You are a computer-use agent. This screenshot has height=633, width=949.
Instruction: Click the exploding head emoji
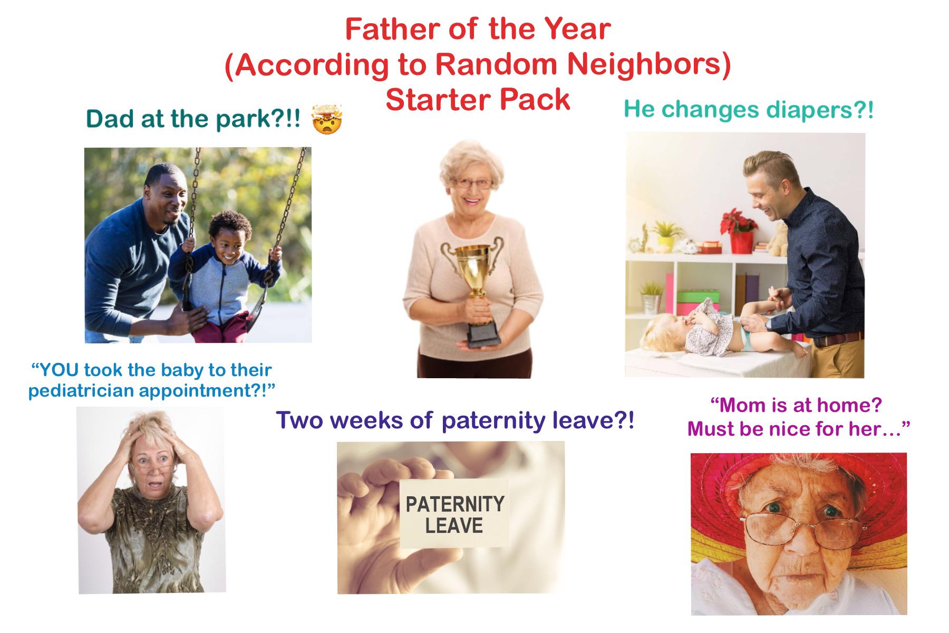point(327,119)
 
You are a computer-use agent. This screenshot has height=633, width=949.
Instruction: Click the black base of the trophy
point(482,334)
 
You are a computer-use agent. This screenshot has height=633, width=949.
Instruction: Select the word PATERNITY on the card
point(454,504)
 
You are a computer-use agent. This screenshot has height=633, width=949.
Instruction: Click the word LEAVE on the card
point(454,526)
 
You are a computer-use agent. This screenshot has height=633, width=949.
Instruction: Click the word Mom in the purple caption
point(743,405)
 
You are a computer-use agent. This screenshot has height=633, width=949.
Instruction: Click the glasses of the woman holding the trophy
point(473,184)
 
